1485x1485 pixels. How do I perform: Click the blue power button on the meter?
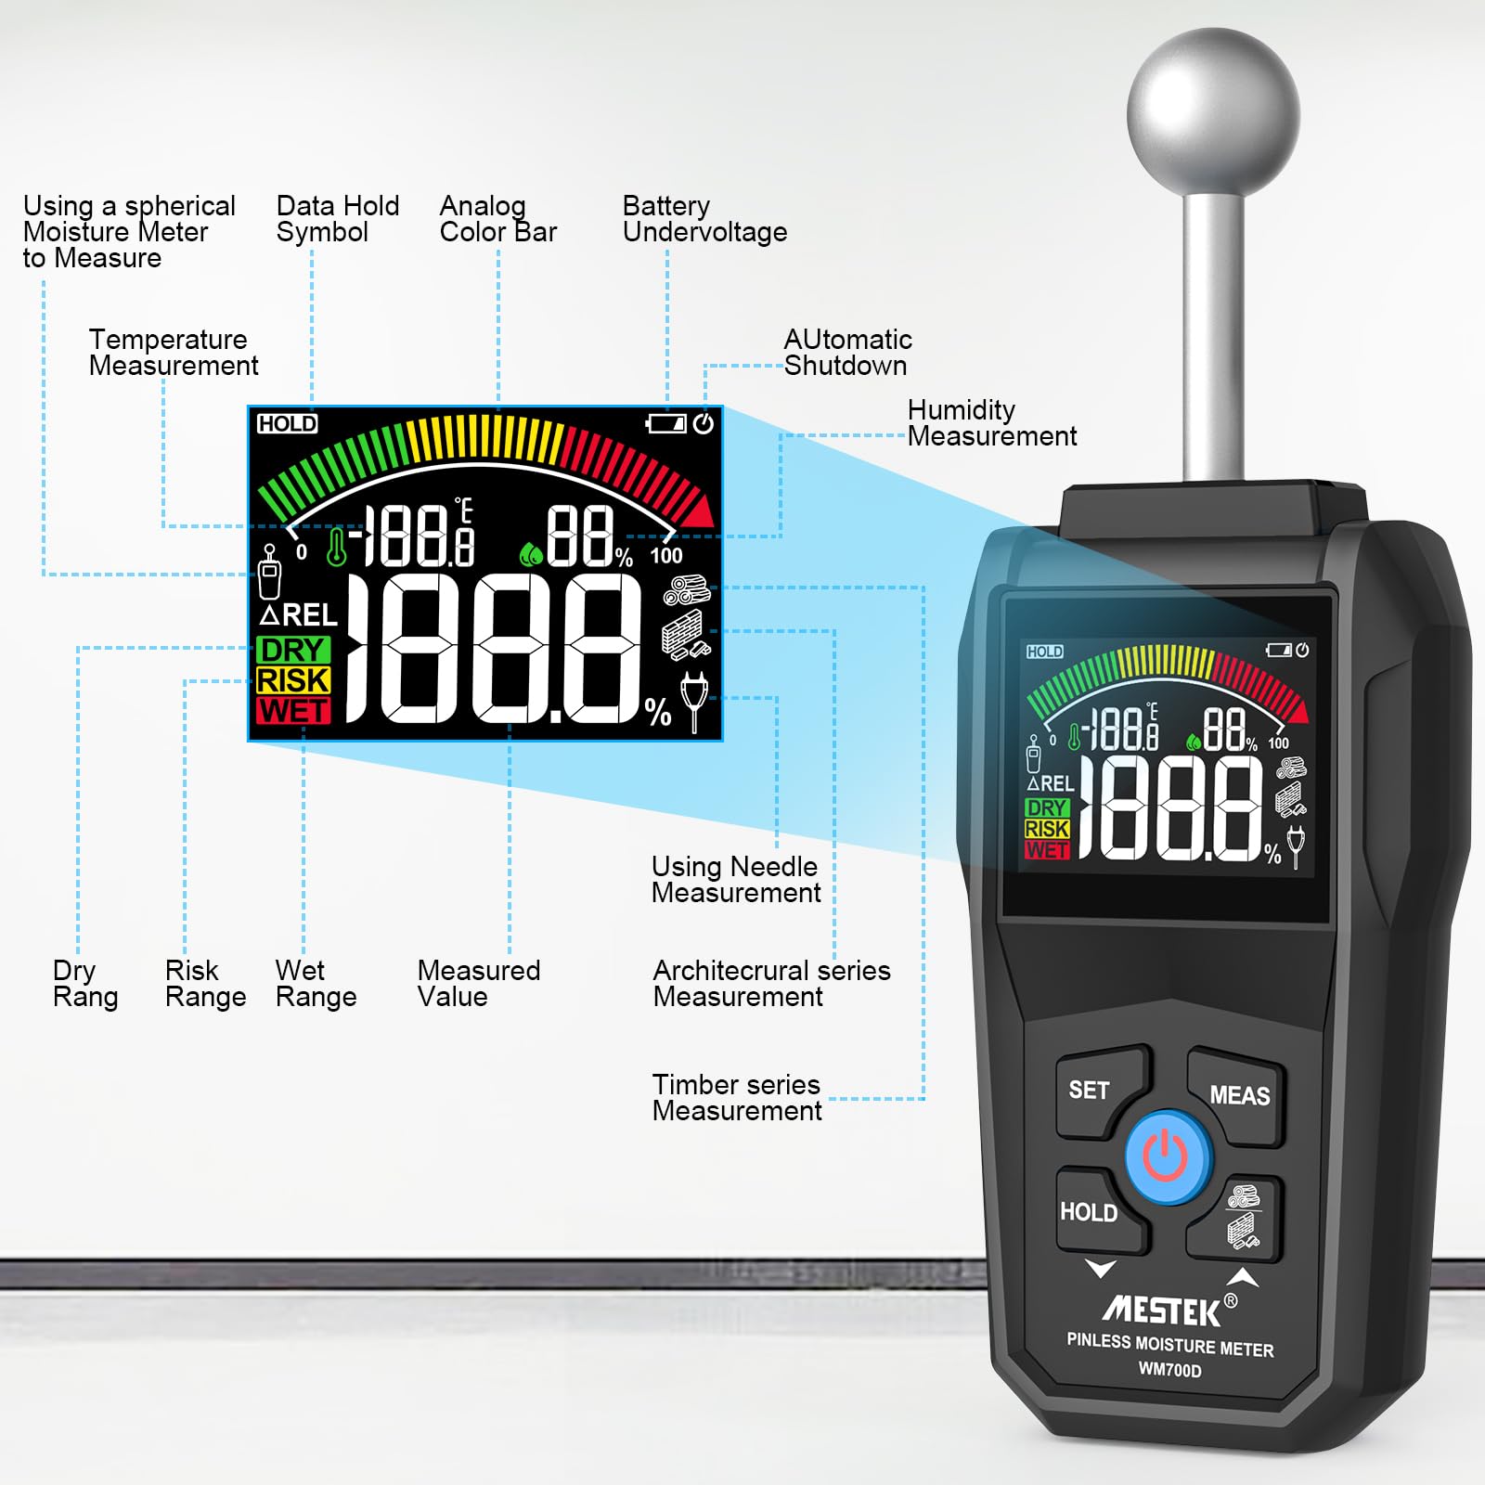point(1168,1157)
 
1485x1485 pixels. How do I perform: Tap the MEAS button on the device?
point(1237,1096)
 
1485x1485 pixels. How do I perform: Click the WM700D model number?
point(1169,1370)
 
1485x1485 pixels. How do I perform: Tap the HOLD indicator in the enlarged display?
point(287,424)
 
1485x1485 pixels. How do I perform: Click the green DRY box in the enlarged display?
point(293,650)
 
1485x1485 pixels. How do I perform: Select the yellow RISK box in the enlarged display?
point(293,680)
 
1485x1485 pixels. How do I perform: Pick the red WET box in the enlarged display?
point(293,711)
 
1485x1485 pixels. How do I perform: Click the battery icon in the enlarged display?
point(665,424)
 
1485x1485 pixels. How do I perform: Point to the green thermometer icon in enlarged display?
point(336,546)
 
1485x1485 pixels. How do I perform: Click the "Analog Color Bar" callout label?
point(497,219)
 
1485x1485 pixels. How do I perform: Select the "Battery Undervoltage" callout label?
point(704,219)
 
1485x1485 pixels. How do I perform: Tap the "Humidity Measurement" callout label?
point(992,423)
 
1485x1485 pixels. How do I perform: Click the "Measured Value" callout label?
point(478,984)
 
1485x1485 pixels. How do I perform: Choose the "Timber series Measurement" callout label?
point(737,1098)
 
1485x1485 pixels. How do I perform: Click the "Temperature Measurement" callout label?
point(174,353)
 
